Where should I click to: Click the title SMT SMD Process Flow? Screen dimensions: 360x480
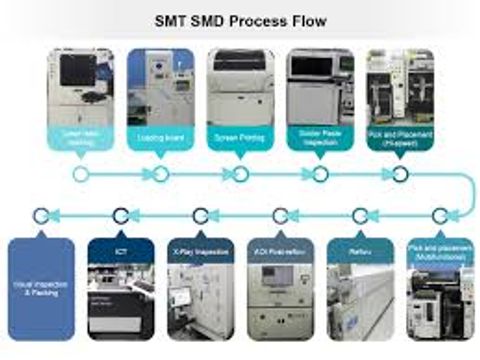tap(240, 19)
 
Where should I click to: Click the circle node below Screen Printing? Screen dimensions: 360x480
tap(240, 174)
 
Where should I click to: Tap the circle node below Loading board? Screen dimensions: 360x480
tap(160, 174)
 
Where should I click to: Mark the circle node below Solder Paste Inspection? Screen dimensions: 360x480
tap(320, 174)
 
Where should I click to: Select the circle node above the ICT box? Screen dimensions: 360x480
tap(121, 214)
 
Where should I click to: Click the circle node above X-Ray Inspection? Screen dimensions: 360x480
tap(201, 214)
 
